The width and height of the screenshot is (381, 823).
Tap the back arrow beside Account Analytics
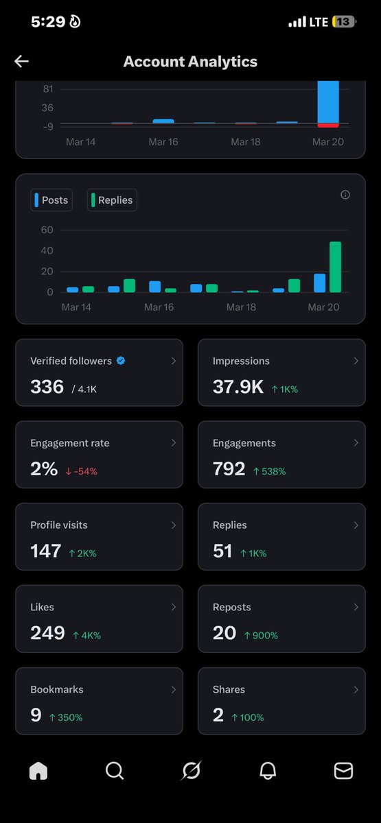click(x=21, y=62)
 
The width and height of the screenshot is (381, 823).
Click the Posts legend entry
click(x=51, y=200)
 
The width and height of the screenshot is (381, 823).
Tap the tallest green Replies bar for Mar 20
click(x=335, y=267)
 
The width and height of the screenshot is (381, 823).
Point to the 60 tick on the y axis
click(x=47, y=230)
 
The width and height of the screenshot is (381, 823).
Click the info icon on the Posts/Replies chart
click(x=345, y=195)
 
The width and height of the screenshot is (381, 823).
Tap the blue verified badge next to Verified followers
click(x=121, y=361)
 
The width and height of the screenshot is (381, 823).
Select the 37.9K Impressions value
click(x=238, y=387)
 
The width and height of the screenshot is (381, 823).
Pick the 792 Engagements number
click(x=229, y=468)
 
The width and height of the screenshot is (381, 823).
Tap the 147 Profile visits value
click(x=45, y=551)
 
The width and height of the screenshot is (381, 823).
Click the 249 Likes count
click(x=47, y=633)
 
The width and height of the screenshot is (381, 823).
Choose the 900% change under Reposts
click(x=261, y=636)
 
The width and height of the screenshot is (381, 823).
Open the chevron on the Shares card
click(x=356, y=689)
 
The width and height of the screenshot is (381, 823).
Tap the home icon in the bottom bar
click(x=38, y=771)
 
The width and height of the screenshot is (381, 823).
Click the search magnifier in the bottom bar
click(x=115, y=771)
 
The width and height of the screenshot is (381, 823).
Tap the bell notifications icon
click(x=267, y=771)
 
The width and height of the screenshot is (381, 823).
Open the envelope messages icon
click(x=343, y=771)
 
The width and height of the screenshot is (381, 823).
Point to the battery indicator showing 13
click(x=343, y=22)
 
